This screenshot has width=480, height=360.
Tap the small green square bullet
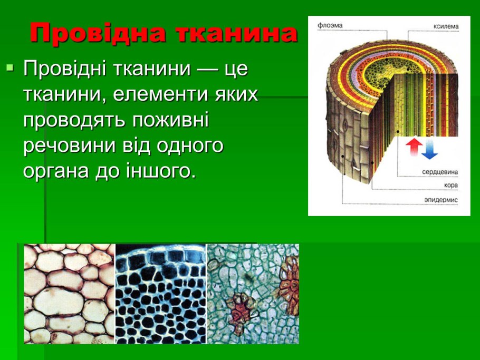(10, 67)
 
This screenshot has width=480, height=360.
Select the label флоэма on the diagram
(330, 25)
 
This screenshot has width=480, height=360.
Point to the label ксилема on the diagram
(446, 26)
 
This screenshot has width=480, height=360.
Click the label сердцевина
(440, 172)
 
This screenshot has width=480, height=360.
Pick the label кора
(451, 186)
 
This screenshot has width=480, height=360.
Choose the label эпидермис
(441, 200)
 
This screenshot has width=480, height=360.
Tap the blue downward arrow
(429, 149)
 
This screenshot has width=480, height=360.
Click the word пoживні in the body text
(170, 119)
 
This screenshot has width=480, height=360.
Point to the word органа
(56, 171)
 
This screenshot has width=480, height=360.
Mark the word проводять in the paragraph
(74, 120)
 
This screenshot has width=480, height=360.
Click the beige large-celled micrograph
(70, 294)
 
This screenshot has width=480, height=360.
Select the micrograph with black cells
(161, 294)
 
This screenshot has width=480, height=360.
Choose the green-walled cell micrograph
(253, 294)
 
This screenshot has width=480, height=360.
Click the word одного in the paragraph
(190, 145)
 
